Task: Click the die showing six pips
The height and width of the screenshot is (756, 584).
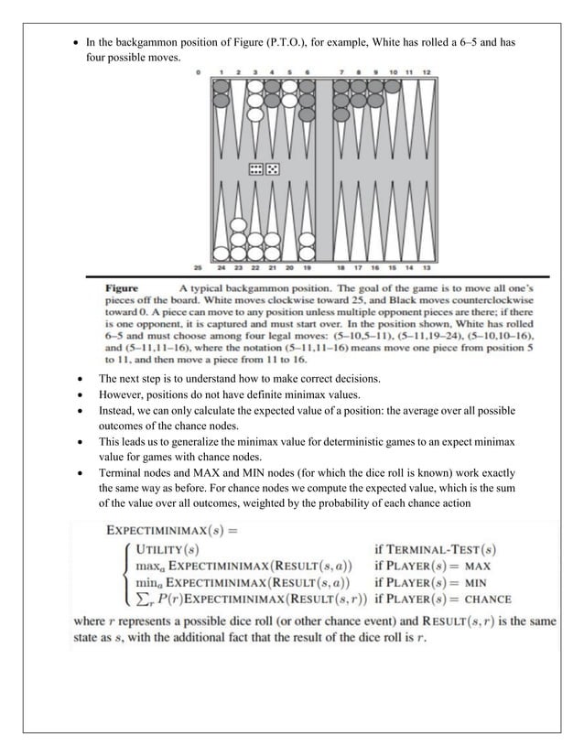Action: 256,168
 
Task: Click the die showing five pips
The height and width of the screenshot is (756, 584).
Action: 273,168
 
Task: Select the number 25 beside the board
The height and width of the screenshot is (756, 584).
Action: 198,267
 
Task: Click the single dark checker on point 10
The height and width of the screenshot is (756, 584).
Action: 393,86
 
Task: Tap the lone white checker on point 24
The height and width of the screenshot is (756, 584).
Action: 221,253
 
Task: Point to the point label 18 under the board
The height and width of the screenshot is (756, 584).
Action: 341,267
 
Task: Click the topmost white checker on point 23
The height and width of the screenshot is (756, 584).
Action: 238,224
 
